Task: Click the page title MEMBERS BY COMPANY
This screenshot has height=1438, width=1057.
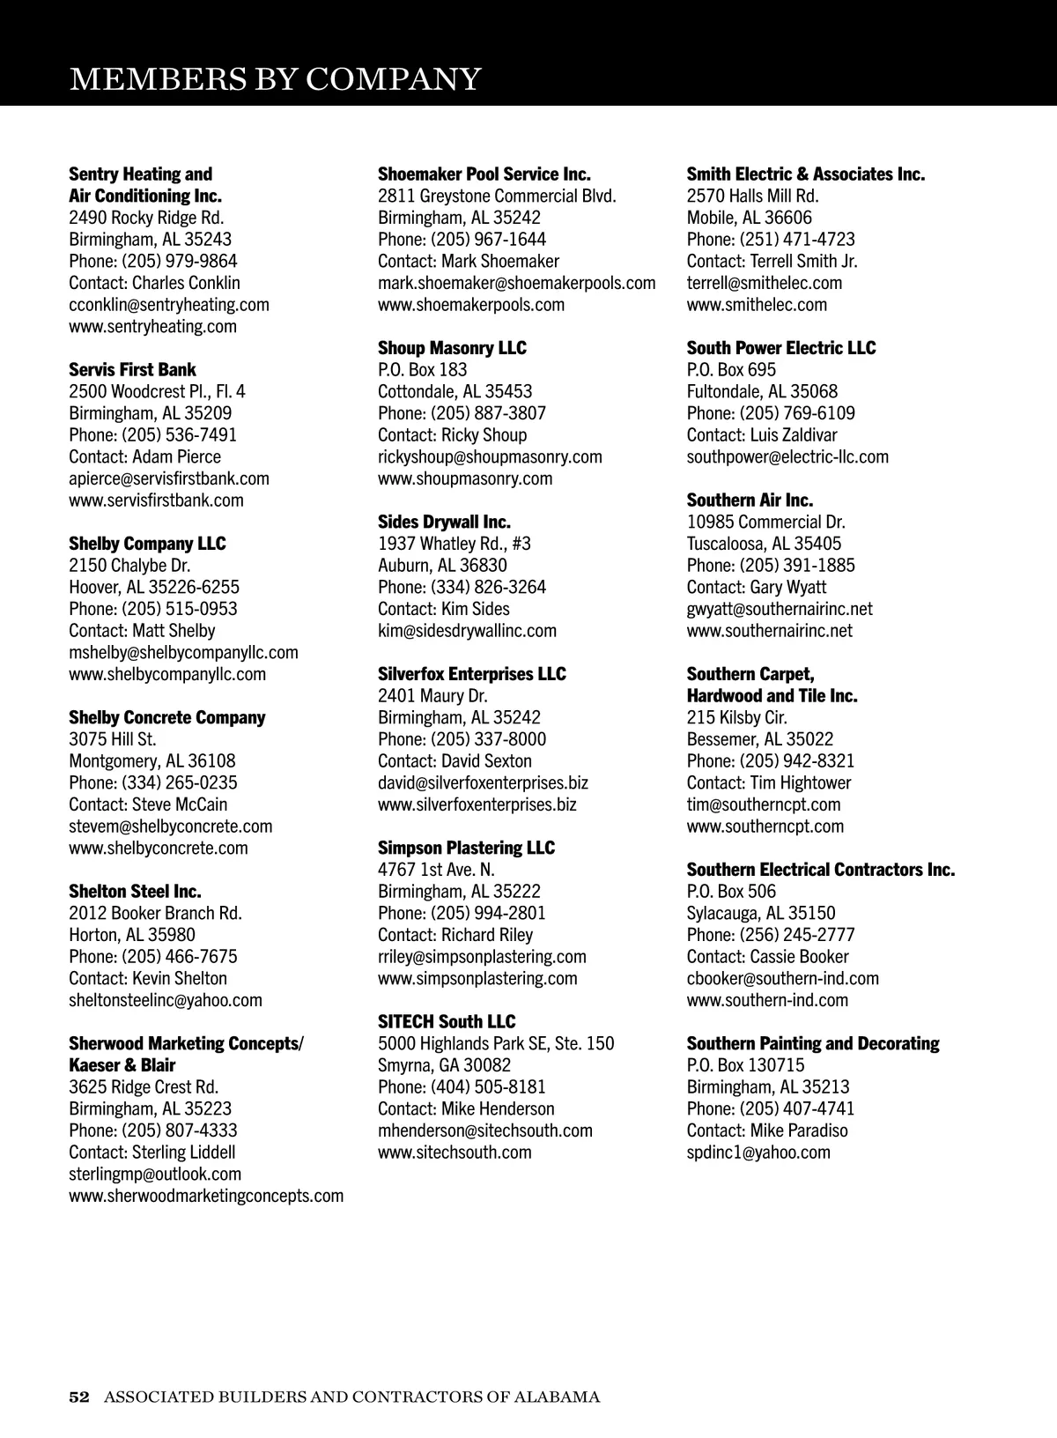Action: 275,79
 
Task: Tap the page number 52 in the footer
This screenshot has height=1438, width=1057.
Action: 79,1397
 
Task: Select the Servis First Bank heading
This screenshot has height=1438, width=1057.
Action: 132,369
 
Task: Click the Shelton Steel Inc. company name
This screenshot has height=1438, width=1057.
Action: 135,891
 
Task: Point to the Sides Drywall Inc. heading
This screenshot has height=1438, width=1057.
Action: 444,522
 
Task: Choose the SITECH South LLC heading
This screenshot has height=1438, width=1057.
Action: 447,1021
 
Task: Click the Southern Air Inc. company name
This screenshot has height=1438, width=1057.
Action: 750,500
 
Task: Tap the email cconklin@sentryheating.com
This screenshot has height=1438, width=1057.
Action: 169,304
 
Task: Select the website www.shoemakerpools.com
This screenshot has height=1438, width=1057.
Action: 471,304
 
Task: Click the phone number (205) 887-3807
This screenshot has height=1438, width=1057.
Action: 488,412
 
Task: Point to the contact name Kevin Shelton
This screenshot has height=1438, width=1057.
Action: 179,978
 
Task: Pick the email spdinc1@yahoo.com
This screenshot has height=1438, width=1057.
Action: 758,1152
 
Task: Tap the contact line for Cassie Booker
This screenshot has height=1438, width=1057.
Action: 767,956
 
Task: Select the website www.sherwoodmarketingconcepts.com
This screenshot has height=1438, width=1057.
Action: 206,1195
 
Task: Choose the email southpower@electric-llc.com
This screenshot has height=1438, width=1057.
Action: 787,456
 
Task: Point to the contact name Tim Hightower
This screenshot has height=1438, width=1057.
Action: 800,782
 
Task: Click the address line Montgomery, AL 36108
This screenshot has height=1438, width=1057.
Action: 152,760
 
